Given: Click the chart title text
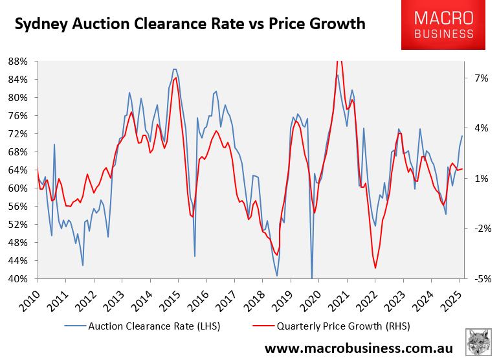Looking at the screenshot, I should pos(190,25).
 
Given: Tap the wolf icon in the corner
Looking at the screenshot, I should pos(479,342).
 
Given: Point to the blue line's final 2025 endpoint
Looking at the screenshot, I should pos(462,136).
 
